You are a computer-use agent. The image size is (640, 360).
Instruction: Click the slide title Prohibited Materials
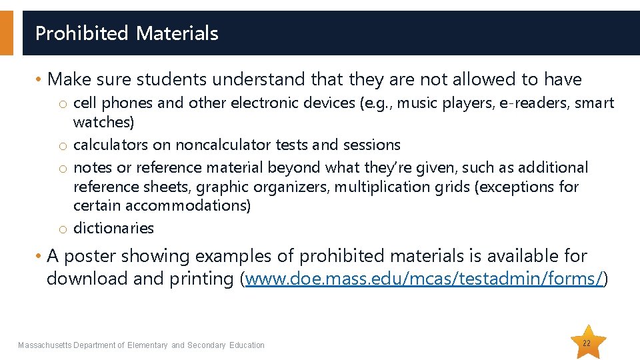(x=127, y=33)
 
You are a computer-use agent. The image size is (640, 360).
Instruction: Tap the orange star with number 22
(x=587, y=343)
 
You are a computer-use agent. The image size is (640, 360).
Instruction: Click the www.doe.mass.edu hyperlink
(x=425, y=279)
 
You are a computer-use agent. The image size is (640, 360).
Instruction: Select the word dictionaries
(x=113, y=228)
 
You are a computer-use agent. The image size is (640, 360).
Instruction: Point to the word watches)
(x=103, y=123)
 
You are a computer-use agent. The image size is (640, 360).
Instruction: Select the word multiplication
(x=381, y=187)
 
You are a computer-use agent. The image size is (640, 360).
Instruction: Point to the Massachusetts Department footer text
(x=141, y=345)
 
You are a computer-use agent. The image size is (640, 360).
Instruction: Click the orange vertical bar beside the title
(x=6, y=33)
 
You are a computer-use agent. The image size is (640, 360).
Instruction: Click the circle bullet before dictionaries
(x=61, y=229)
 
